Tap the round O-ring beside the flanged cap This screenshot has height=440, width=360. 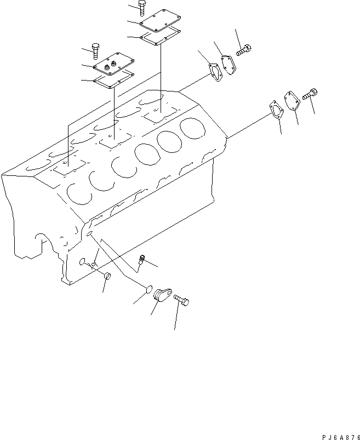pyautogui.click(x=147, y=289)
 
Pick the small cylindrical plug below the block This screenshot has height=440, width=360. pyautogui.click(x=107, y=277)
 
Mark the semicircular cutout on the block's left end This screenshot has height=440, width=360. pyautogui.click(x=39, y=239)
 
